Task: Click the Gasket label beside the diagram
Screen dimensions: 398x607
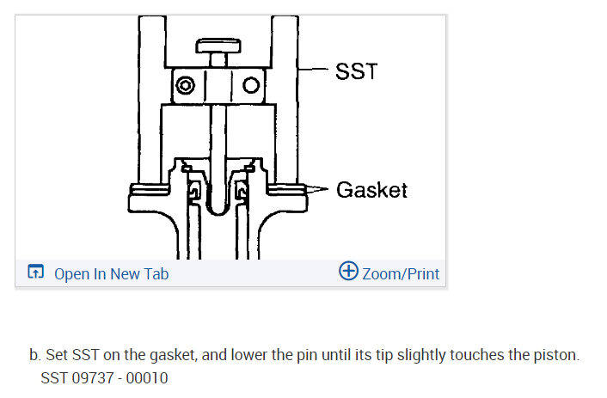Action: (x=371, y=189)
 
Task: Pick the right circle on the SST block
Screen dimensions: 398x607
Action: (x=251, y=86)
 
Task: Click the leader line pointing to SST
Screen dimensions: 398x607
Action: (x=317, y=70)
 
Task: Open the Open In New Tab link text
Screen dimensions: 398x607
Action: (x=111, y=274)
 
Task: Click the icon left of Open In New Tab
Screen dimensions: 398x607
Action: (x=35, y=273)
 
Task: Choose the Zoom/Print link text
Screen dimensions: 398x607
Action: (x=401, y=274)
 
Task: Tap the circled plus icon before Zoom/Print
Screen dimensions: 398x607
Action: (x=348, y=272)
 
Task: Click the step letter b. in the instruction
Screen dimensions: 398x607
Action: (x=35, y=356)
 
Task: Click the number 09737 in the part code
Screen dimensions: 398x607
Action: (x=90, y=378)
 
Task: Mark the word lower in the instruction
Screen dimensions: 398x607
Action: (x=209, y=356)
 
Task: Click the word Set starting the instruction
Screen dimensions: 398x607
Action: (x=57, y=356)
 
